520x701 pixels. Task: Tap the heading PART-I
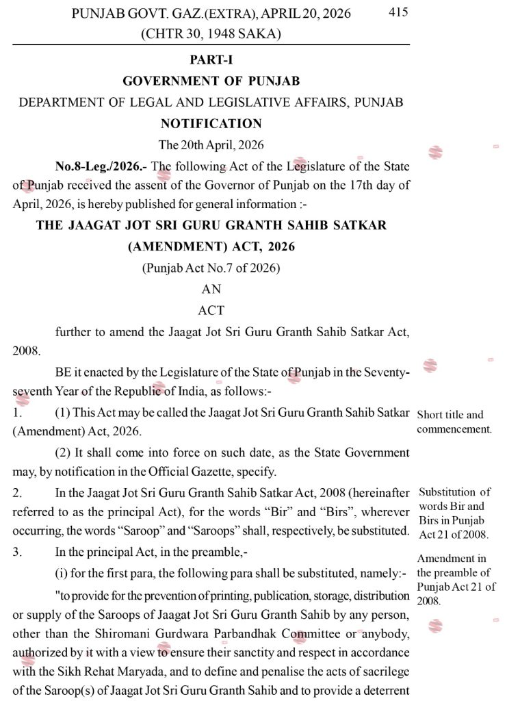click(x=211, y=60)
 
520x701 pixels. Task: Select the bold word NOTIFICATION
click(x=211, y=124)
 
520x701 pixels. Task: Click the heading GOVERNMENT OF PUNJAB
click(x=211, y=81)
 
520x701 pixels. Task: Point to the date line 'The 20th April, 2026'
click(x=211, y=145)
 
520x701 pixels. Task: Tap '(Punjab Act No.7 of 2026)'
click(x=211, y=268)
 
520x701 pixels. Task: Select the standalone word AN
click(x=211, y=290)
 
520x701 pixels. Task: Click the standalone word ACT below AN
click(x=211, y=310)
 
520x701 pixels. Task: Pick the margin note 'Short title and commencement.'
click(x=454, y=422)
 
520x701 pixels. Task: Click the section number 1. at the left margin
click(x=17, y=413)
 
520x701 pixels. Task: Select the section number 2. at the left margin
click(x=17, y=492)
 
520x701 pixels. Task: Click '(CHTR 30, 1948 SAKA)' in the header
click(x=211, y=33)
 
